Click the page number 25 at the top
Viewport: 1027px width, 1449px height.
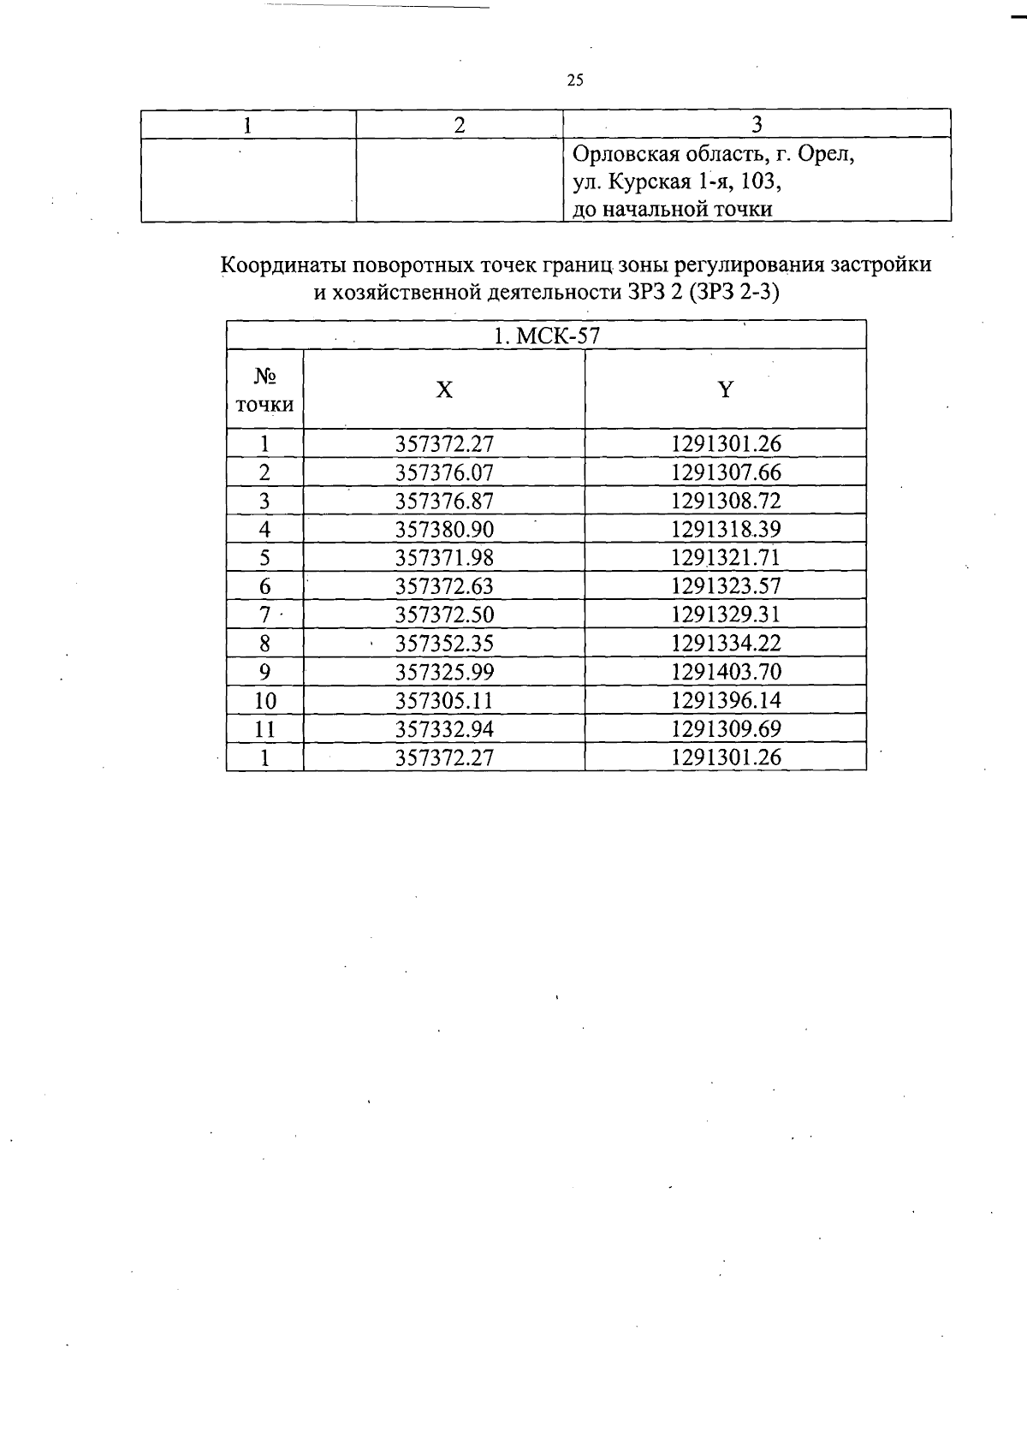[x=575, y=80]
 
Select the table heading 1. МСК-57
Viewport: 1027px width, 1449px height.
[x=546, y=336]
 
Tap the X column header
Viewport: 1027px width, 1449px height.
[x=444, y=390]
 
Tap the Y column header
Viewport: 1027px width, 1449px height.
[x=725, y=390]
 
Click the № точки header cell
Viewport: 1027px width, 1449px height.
[x=264, y=390]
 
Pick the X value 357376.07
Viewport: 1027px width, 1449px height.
[x=444, y=472]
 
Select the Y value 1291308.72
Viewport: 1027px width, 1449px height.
[x=726, y=501]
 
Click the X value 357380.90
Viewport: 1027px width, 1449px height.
[x=444, y=529]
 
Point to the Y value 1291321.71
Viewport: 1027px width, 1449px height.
[x=726, y=558]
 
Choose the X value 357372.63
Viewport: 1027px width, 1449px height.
[x=444, y=586]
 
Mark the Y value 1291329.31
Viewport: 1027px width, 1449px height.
[x=726, y=615]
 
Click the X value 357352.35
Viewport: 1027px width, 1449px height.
[x=444, y=644]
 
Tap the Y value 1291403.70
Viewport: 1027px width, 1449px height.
[x=726, y=672]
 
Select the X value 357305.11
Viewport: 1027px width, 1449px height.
[x=444, y=701]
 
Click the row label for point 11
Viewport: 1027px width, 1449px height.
[x=265, y=729]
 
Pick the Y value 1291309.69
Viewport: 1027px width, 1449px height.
[x=726, y=729]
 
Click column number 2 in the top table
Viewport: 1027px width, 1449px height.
[x=460, y=125]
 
